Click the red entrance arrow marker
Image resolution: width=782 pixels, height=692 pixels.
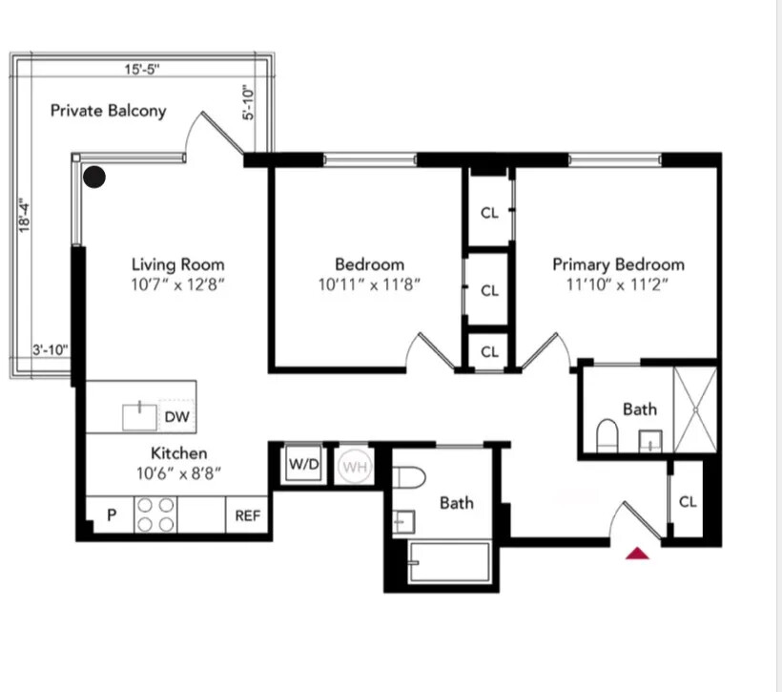637,554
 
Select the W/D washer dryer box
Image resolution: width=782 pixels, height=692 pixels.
304,465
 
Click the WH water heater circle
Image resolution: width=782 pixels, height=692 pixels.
354,467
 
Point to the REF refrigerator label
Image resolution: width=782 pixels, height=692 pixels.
248,516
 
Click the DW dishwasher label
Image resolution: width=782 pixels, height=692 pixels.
176,416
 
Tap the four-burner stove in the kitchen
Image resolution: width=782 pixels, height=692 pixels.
155,515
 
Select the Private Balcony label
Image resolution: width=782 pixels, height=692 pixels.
108,111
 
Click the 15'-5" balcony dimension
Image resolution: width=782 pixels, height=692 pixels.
141,69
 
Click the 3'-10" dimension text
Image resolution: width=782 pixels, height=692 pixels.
50,350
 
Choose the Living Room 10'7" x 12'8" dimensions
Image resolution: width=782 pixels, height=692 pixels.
177,284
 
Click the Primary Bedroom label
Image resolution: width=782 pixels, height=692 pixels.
618,264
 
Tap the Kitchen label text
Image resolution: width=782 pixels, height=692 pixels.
178,453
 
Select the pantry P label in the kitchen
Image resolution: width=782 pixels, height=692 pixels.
111,515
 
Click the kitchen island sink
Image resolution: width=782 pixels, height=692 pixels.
140,416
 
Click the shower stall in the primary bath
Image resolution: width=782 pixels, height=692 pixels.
694,409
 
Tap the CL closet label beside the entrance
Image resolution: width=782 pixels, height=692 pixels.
688,501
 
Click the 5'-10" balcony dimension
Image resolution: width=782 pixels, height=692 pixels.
248,103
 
